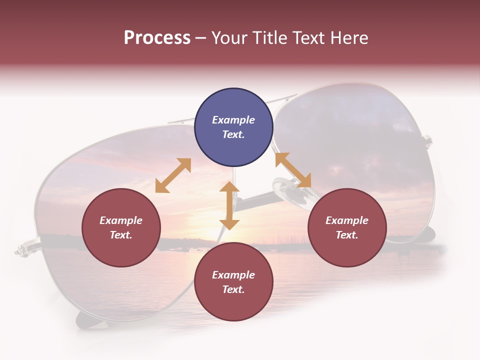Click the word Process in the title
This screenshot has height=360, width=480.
157,38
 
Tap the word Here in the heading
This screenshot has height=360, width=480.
348,38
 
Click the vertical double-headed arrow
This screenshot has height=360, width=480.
229,205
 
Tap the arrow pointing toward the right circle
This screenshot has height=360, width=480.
293,170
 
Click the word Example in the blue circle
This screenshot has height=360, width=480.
233,120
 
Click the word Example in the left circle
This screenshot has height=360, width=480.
121,220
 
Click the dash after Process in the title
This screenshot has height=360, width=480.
200,38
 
